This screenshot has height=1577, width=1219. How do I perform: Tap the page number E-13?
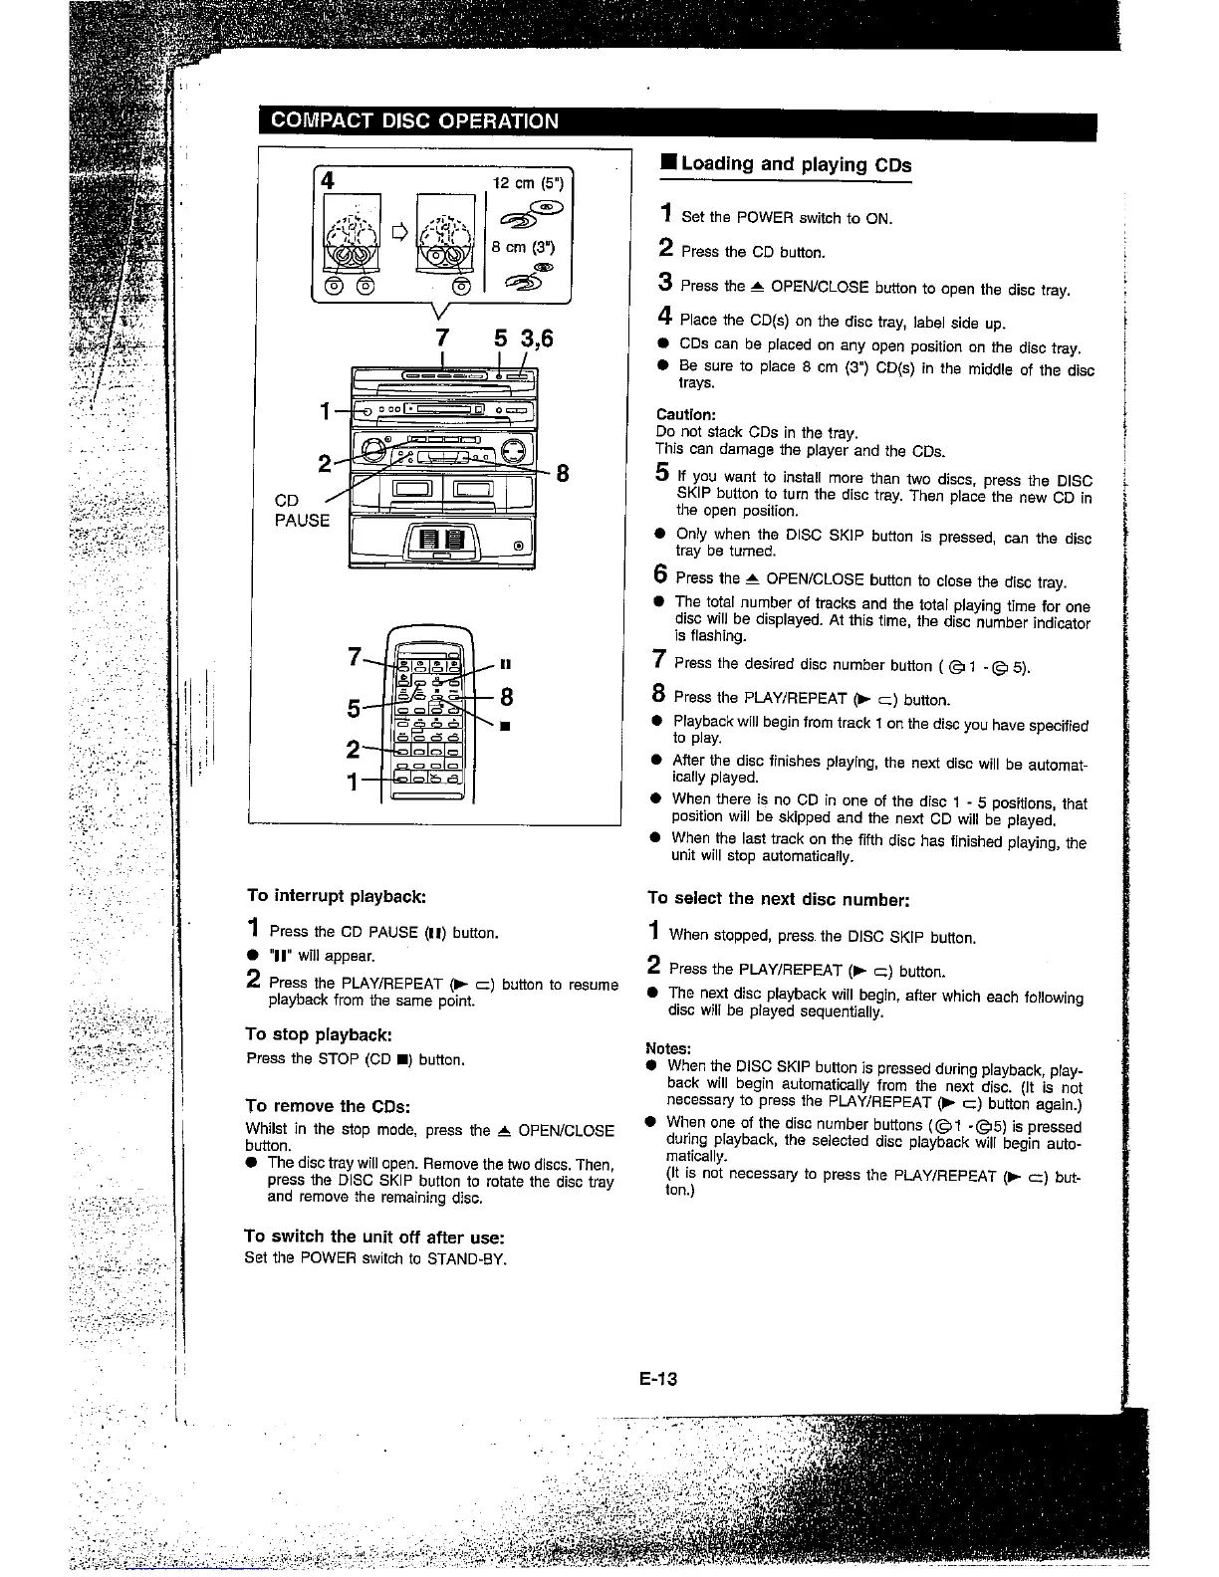click(x=658, y=1378)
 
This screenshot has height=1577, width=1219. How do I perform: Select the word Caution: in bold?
click(x=685, y=414)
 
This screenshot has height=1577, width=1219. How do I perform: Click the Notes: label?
click(x=668, y=1048)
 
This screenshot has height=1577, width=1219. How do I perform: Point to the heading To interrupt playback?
click(x=337, y=895)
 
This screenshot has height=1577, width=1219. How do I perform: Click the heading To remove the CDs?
click(x=328, y=1105)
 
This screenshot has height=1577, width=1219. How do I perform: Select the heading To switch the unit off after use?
click(x=374, y=1236)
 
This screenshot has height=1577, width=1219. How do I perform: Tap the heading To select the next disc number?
click(x=778, y=898)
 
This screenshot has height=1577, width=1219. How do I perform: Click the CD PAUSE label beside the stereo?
click(x=302, y=511)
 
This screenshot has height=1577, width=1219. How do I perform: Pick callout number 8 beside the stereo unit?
click(x=562, y=474)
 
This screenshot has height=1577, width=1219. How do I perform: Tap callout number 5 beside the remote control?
click(x=354, y=708)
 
